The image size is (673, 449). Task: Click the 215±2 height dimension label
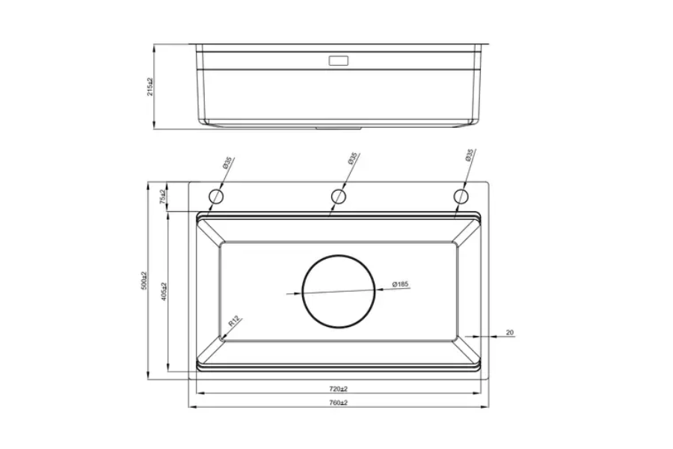[x=150, y=87]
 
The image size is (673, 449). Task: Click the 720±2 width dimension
[x=339, y=389]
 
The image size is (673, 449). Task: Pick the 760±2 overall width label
[x=339, y=403]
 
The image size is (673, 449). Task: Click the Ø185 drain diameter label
[x=400, y=284]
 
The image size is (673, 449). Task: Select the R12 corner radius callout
[x=233, y=321]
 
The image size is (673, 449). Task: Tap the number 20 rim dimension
[x=509, y=332]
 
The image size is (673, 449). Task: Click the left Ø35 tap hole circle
[x=216, y=197]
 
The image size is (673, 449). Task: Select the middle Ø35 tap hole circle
[x=338, y=197]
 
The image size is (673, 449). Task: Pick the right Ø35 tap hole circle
[x=460, y=197]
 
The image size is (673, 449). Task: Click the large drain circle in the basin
[x=338, y=290]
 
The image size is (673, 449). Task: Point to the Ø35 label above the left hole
[x=227, y=162]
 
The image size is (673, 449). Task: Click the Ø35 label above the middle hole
[x=351, y=159]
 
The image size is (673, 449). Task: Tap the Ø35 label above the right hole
[x=469, y=156]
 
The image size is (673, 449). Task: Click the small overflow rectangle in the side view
[x=339, y=60]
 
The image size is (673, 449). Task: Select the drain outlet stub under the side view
[x=338, y=128]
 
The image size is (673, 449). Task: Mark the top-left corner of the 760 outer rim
[x=188, y=182]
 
